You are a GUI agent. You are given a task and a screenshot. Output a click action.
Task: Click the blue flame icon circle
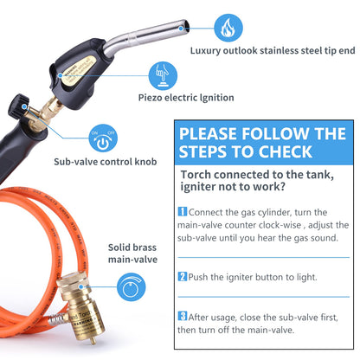(228, 29)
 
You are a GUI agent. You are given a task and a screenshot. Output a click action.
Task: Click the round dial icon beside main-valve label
(131, 286)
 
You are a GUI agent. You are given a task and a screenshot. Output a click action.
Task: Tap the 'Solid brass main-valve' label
(132, 252)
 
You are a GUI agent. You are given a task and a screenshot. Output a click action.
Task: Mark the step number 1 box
(182, 211)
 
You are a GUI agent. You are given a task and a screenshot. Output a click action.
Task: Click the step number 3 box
(182, 316)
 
